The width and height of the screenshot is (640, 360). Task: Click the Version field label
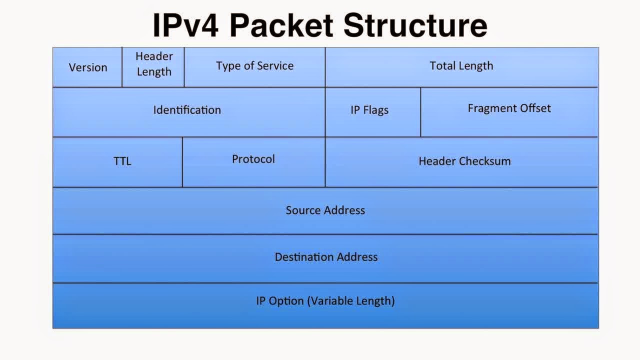(x=88, y=67)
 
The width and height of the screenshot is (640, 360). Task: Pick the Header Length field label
(x=154, y=64)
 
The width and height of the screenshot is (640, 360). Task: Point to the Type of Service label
(x=254, y=66)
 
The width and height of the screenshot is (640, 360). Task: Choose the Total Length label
(x=461, y=66)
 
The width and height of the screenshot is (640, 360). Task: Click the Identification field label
(x=187, y=110)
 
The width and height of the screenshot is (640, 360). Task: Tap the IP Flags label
(x=369, y=110)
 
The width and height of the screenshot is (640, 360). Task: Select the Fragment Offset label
(x=509, y=108)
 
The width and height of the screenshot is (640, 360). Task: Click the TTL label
(x=122, y=161)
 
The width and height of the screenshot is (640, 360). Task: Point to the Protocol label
(x=253, y=159)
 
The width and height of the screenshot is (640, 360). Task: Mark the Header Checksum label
(x=464, y=161)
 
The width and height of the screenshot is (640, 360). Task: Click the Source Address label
(x=325, y=210)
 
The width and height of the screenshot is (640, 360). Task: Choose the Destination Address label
(x=326, y=257)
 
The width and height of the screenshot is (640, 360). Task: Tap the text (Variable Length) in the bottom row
(x=350, y=301)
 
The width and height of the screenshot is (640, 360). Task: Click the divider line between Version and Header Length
(x=122, y=67)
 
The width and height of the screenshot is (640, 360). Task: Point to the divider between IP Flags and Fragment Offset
(x=420, y=112)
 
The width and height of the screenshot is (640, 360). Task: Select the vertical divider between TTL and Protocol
(x=182, y=162)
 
